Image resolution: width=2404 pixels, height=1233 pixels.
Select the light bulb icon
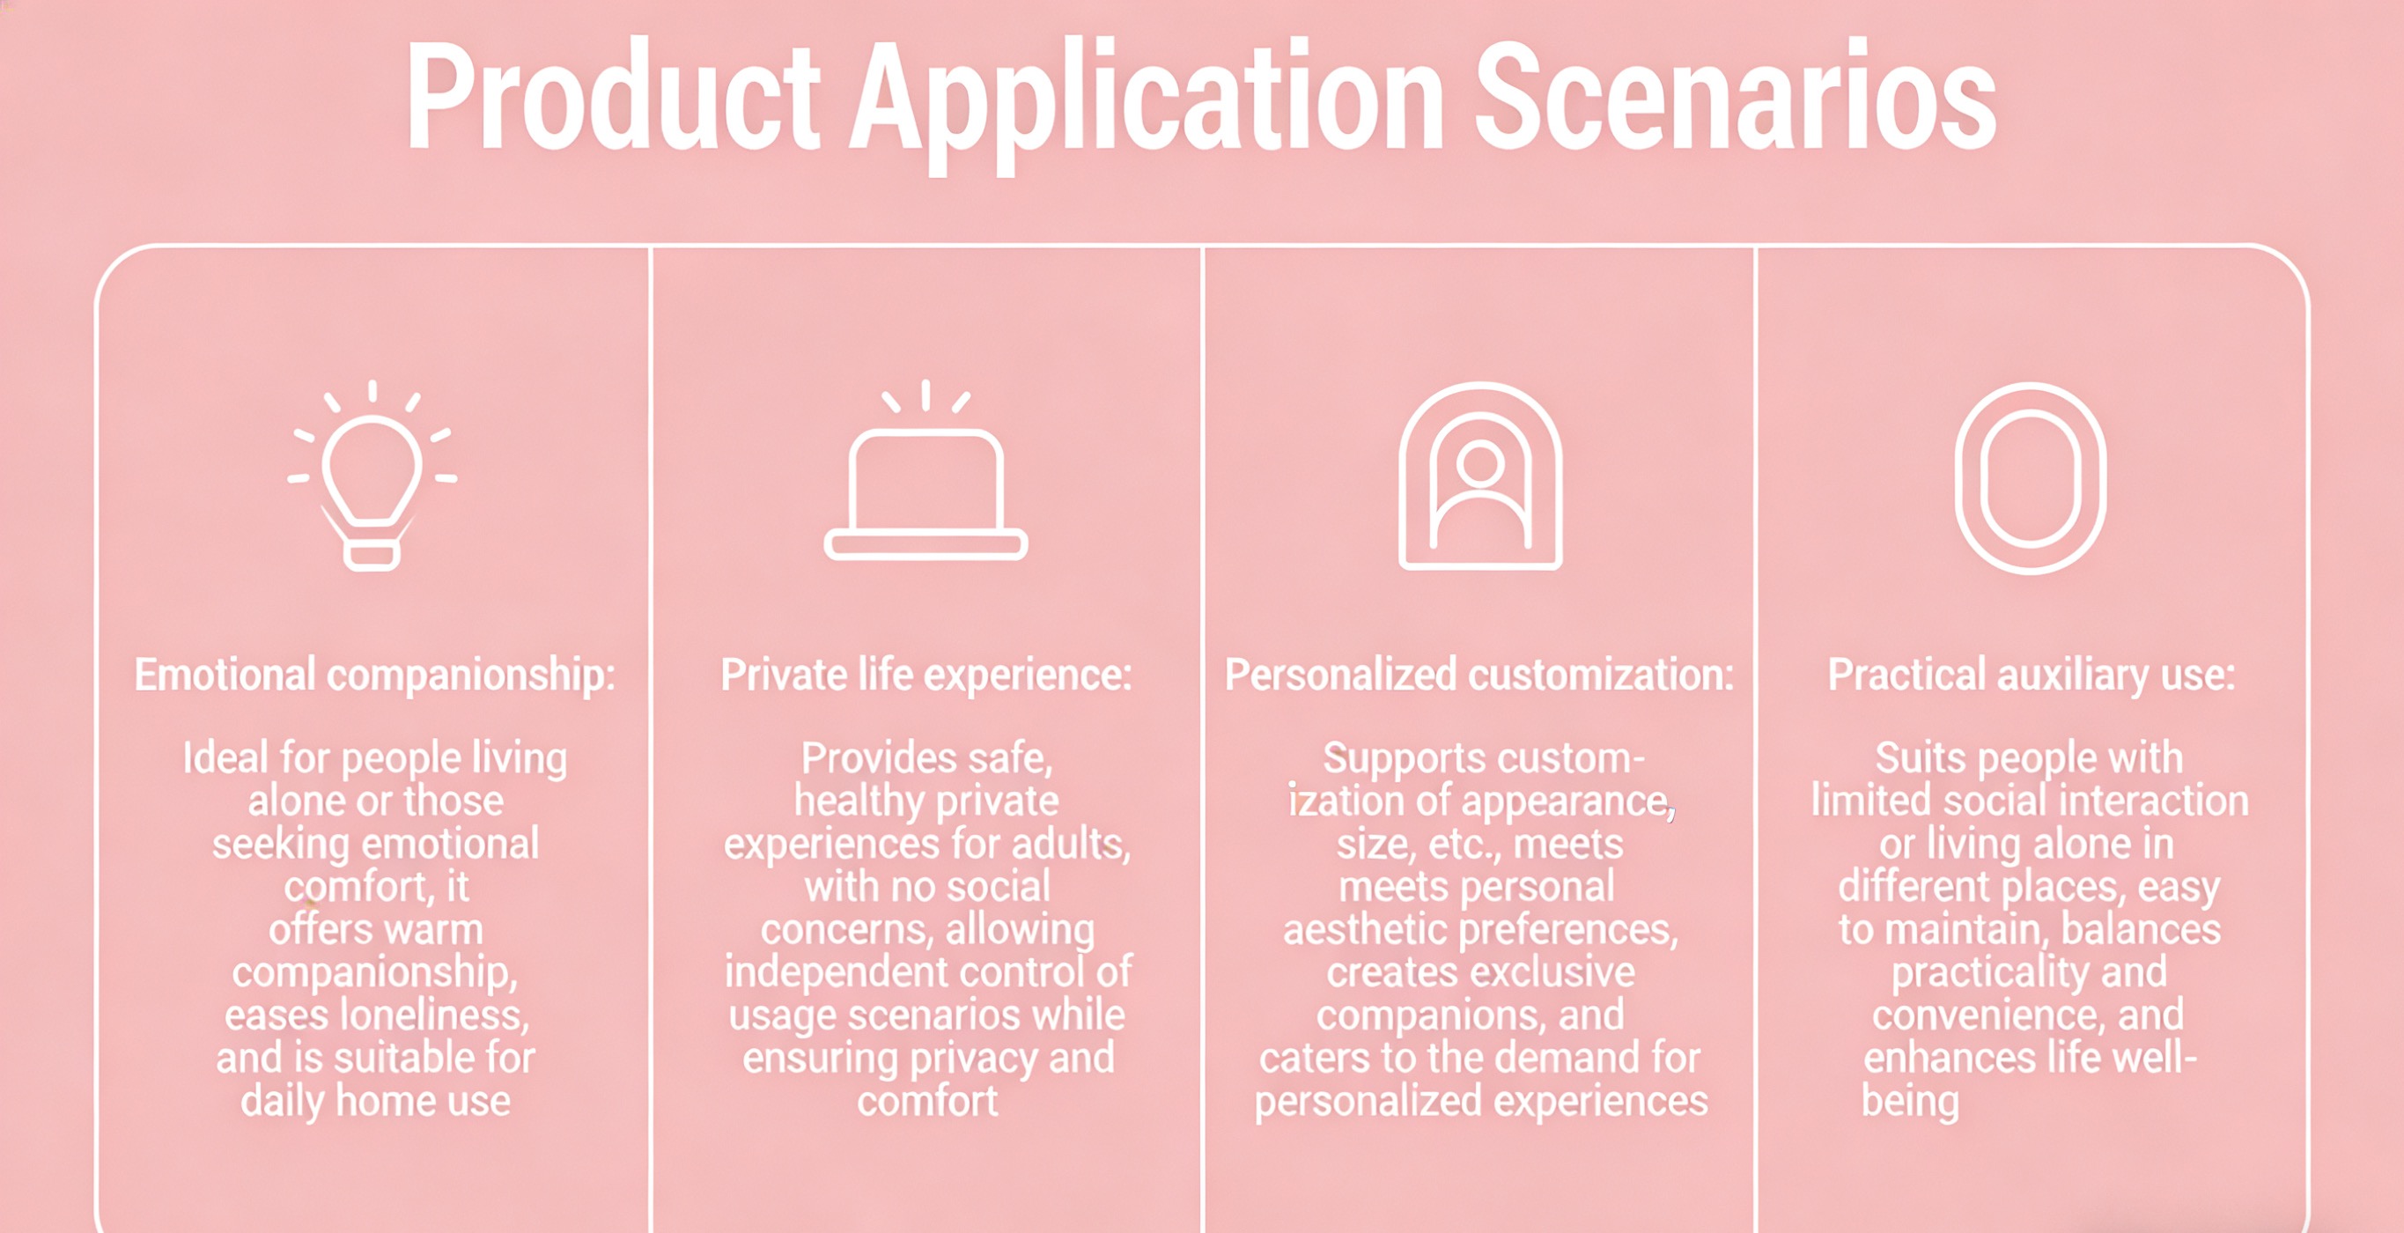point(372,475)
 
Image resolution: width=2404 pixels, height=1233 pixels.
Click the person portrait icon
point(1480,476)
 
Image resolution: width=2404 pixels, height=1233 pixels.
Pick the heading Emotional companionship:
point(375,675)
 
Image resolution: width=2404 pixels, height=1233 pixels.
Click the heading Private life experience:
point(926,675)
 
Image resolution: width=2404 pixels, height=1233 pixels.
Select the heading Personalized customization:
point(1479,675)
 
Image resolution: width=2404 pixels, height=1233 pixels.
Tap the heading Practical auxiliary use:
point(2032,675)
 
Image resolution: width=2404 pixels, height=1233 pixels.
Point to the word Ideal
point(225,757)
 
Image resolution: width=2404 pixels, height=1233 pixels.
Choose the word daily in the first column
point(282,1102)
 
